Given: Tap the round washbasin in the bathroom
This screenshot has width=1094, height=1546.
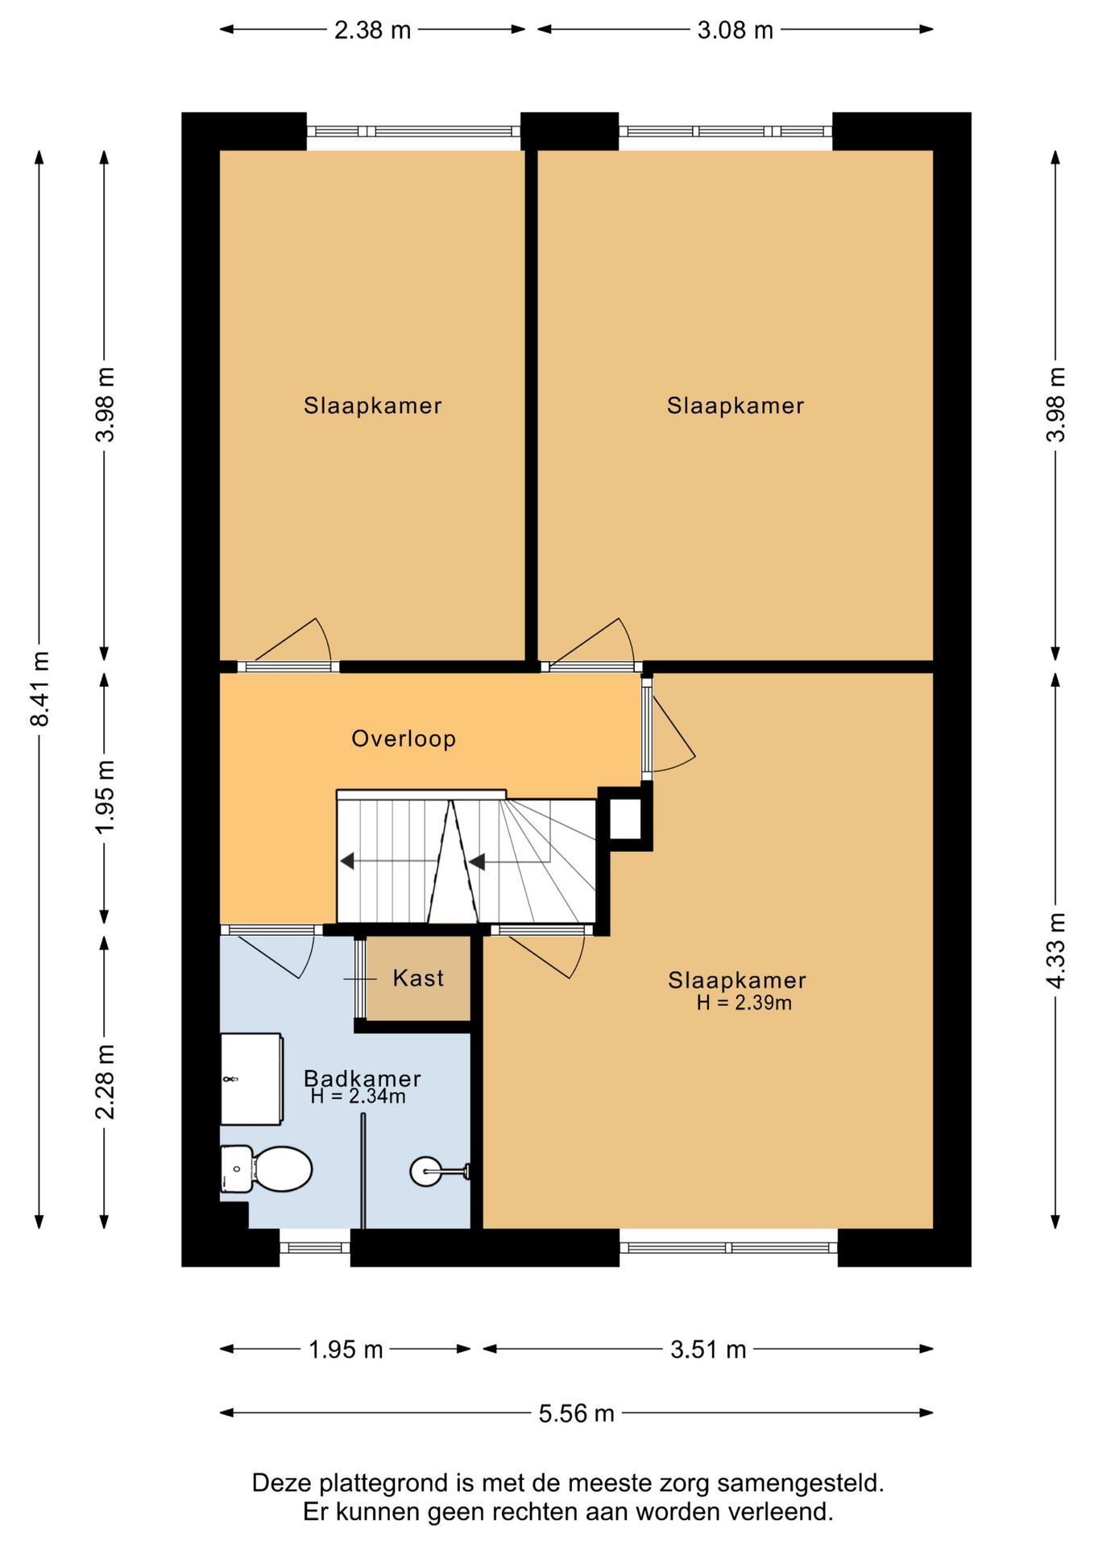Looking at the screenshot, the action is [x=426, y=1171].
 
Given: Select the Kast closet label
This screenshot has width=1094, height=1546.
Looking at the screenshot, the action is [x=418, y=978].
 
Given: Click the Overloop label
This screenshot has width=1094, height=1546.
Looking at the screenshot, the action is [x=404, y=738].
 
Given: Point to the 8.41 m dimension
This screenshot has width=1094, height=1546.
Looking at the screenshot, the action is [x=39, y=688].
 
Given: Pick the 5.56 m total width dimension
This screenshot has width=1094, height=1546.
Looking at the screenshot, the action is [x=576, y=1412].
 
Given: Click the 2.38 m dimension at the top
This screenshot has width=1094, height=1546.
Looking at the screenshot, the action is [x=372, y=30].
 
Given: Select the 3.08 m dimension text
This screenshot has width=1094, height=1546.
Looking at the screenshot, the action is [x=735, y=30].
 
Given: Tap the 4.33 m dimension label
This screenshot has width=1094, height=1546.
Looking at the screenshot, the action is [x=1056, y=950].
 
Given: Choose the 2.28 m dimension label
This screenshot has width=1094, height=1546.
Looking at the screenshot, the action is [x=105, y=1081].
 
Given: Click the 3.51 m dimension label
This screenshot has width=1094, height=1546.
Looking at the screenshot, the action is [x=708, y=1349].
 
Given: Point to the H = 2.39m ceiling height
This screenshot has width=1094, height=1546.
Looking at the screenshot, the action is [x=744, y=1002].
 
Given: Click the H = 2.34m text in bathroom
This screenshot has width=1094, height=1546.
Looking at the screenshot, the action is [x=358, y=1096].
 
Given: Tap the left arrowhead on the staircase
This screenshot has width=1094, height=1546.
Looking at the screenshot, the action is [x=347, y=862].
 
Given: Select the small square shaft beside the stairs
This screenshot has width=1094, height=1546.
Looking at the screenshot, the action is [x=625, y=819].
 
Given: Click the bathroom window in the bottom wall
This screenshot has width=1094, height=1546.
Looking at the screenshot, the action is [x=315, y=1248].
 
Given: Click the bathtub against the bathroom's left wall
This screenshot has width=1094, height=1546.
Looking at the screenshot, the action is [x=251, y=1079].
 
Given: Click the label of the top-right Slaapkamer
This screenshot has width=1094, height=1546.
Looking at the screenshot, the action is [x=736, y=405].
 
